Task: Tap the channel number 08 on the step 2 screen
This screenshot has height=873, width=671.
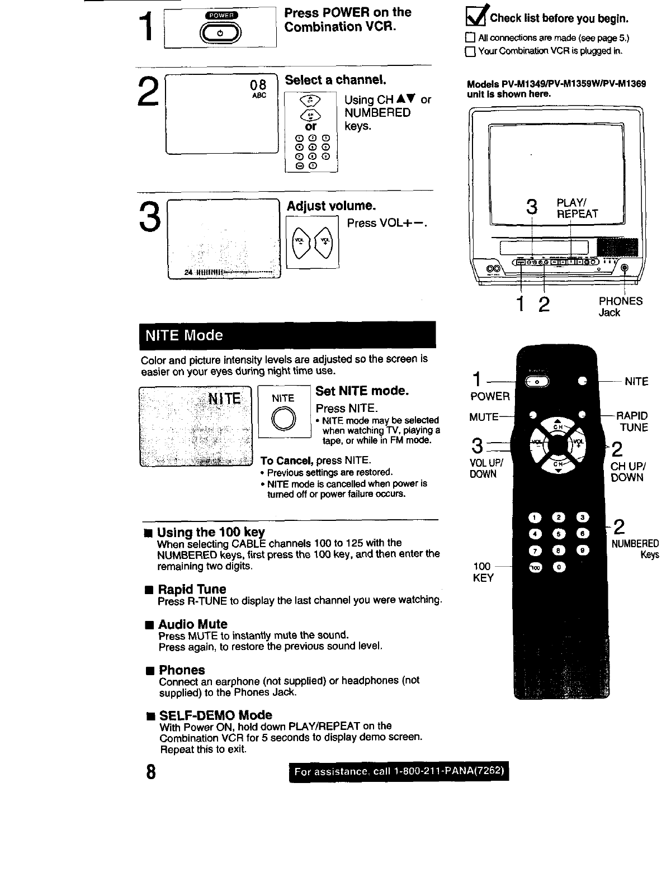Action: pos(258,85)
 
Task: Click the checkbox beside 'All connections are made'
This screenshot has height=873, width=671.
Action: pos(470,39)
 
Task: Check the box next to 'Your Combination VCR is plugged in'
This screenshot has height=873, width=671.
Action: pos(470,52)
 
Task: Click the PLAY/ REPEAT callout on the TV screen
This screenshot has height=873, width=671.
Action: pos(577,208)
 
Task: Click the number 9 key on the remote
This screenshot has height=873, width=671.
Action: pos(582,550)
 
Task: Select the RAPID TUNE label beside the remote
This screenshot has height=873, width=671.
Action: pos(632,421)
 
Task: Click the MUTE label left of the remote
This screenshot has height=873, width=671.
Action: pos(484,417)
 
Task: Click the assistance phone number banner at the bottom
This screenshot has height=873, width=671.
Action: pos(399,772)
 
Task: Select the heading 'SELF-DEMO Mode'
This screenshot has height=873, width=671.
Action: pos(215,715)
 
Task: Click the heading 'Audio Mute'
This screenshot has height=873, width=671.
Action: pos(192,624)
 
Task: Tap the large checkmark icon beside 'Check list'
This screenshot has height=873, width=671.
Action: pos(476,18)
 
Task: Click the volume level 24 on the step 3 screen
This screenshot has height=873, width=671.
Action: pos(188,273)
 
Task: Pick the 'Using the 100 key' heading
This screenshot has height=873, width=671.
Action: pos(211,532)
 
